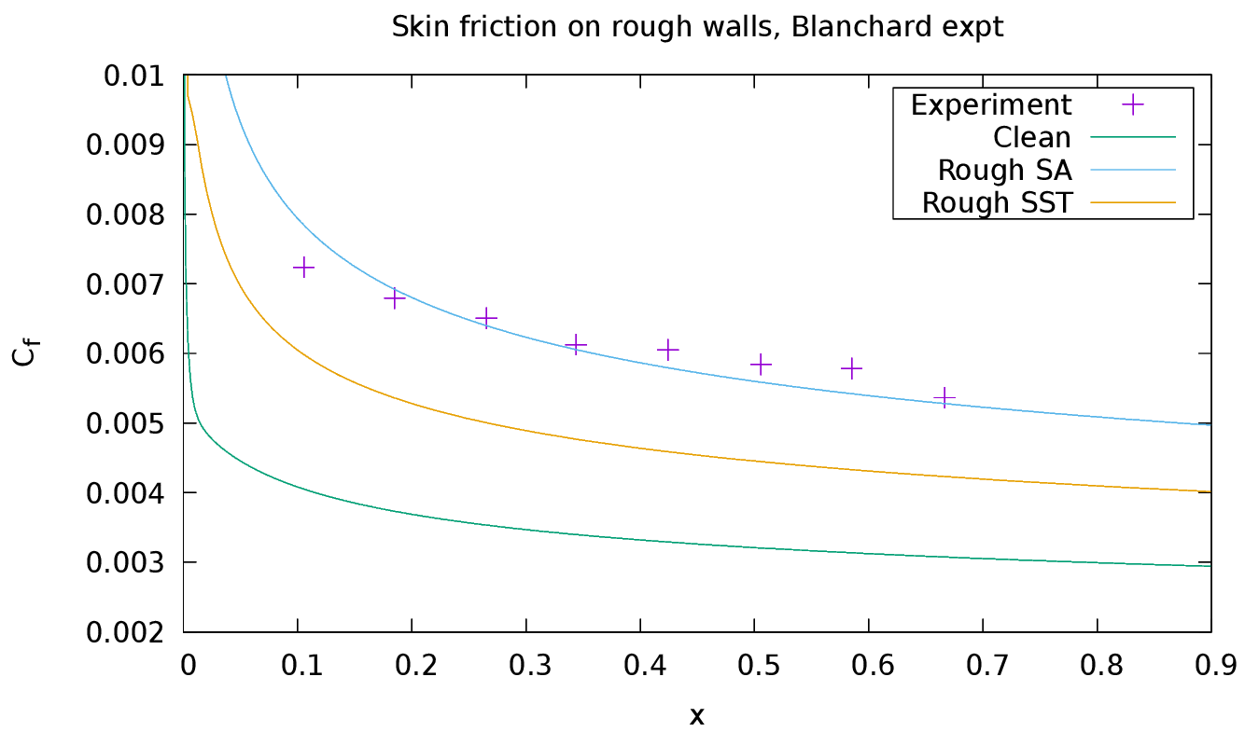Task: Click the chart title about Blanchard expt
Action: [697, 27]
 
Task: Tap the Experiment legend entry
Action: [991, 104]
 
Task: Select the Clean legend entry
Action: [1031, 137]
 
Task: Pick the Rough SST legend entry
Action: [996, 202]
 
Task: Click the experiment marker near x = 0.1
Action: [303, 268]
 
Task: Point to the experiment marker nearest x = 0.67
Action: [945, 398]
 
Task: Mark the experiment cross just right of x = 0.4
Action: [667, 350]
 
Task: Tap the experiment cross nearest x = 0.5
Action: [762, 364]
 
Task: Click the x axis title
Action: [697, 715]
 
